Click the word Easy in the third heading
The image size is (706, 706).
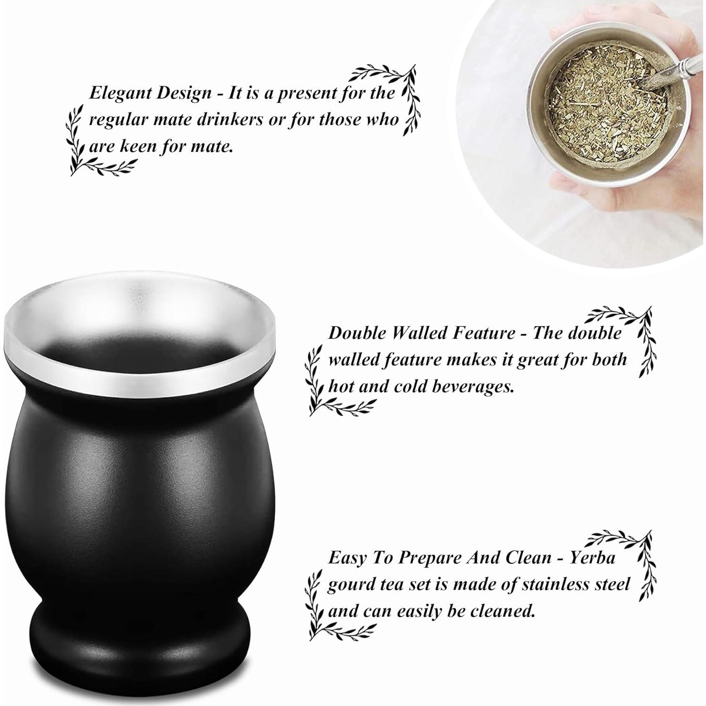(348, 558)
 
